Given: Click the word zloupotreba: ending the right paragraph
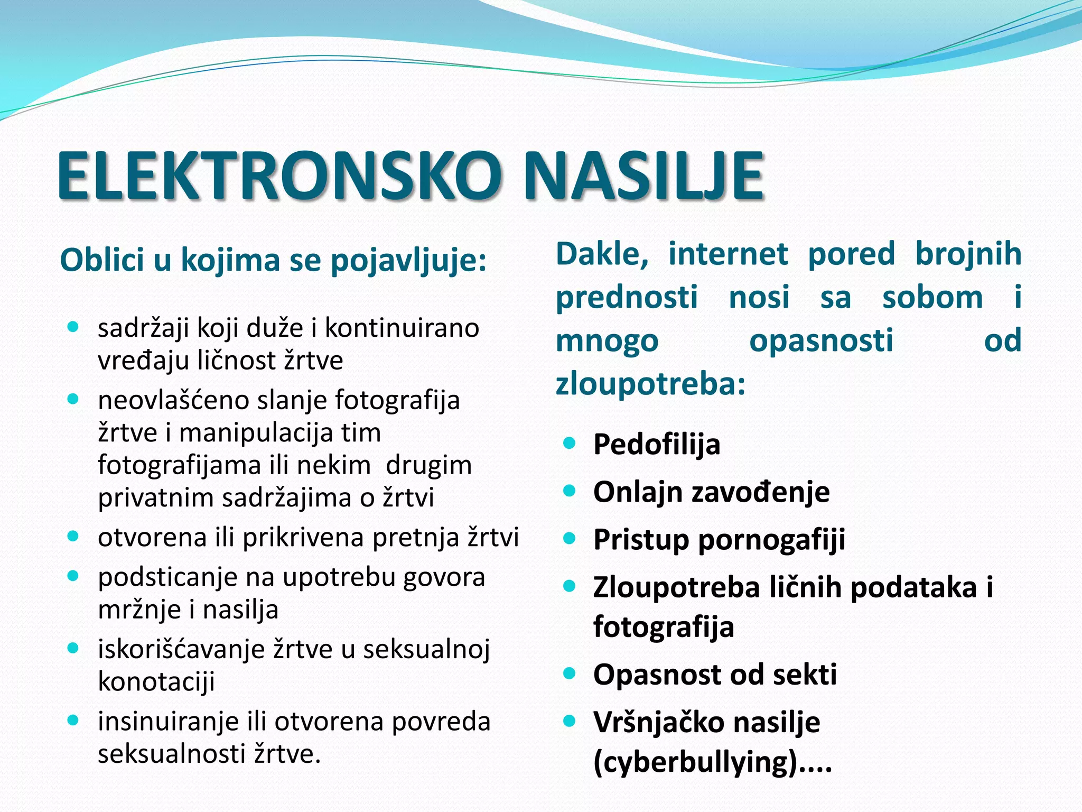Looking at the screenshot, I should point(650,384).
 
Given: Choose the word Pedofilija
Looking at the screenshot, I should point(657,444).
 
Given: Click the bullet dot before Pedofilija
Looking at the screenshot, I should point(569,443).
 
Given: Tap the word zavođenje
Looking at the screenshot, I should point(761,492).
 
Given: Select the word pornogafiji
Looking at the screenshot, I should point(772,540).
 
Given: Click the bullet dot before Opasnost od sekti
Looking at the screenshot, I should point(569,673).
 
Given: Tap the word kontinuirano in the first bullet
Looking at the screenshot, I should point(402,328).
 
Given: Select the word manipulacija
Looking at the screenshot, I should point(279,433).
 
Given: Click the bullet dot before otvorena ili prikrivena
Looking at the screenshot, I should point(73,537).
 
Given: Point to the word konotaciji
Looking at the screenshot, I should point(156,681).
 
